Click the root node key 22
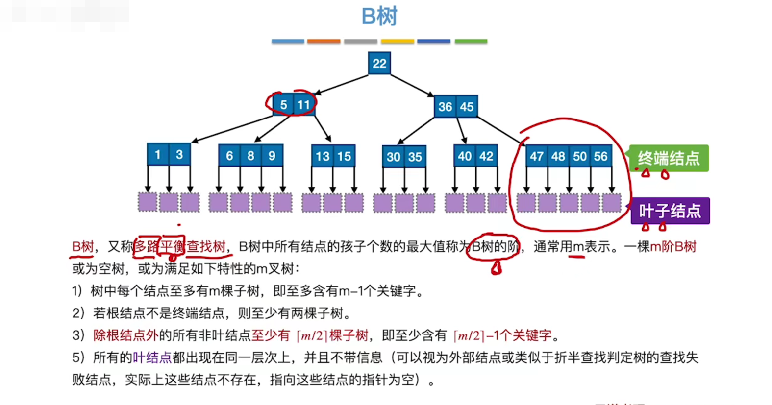(x=379, y=63)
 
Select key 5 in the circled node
(x=283, y=104)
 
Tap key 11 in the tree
(x=304, y=104)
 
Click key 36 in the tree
(x=445, y=107)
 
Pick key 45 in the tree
(x=467, y=107)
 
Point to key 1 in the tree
(x=158, y=155)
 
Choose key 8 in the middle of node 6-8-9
(x=250, y=156)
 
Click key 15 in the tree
(x=344, y=156)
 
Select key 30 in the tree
(x=393, y=157)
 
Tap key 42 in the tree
(x=486, y=156)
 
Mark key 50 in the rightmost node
(x=580, y=156)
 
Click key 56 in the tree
(x=601, y=156)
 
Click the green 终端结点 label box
(x=669, y=158)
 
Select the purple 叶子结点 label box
(x=670, y=211)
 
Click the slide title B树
(x=379, y=16)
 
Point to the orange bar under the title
(x=324, y=42)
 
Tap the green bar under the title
(x=471, y=42)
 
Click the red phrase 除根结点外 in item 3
(x=125, y=335)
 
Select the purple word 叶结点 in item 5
(x=152, y=357)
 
